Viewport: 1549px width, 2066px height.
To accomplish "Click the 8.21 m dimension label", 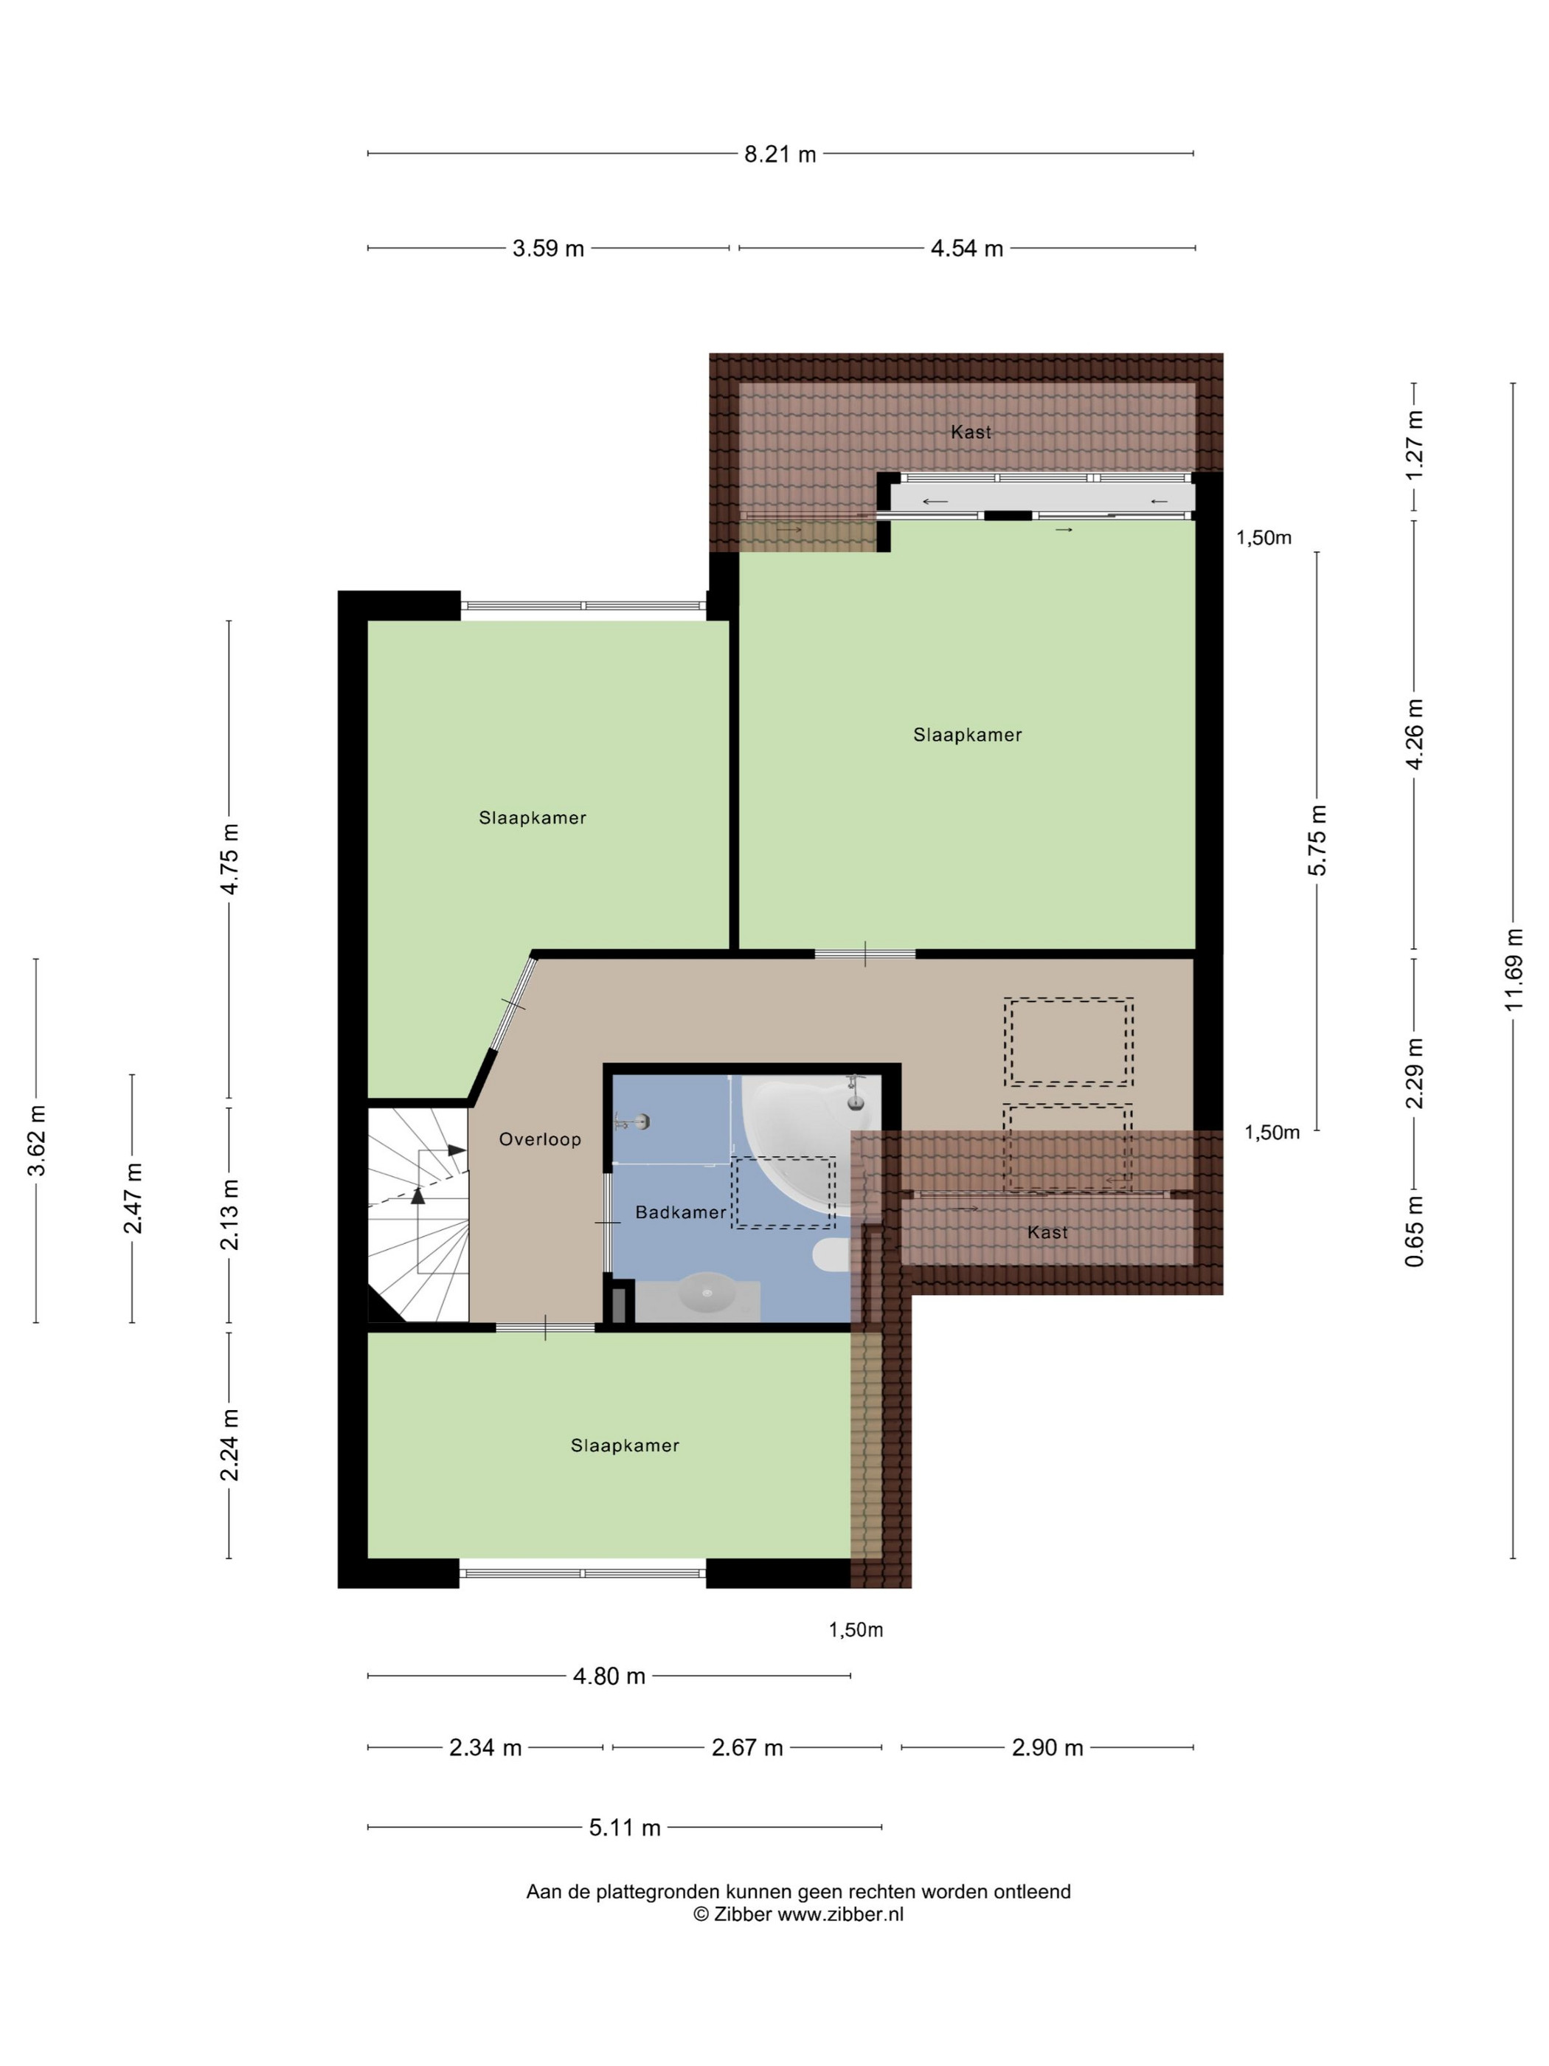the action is [x=780, y=154].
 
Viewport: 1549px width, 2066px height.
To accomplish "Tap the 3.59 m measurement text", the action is [x=548, y=249].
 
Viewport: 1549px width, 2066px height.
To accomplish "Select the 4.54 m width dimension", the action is [x=966, y=249].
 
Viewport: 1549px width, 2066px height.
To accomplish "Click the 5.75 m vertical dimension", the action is [x=1317, y=840].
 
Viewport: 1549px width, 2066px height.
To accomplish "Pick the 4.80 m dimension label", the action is [x=609, y=1676].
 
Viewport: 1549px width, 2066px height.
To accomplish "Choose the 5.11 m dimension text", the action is [x=625, y=1827].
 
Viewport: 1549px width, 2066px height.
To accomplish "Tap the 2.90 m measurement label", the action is [x=1047, y=1747].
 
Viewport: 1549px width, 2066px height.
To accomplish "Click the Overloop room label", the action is [x=540, y=1139].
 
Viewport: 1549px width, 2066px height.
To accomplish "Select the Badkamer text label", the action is [x=681, y=1212].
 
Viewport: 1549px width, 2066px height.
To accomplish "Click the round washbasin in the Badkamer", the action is [x=707, y=1293].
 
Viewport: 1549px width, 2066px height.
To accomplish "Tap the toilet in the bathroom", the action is [x=831, y=1255].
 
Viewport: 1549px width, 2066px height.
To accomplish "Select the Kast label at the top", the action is [x=971, y=432].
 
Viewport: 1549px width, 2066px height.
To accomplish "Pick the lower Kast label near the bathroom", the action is [x=1047, y=1233].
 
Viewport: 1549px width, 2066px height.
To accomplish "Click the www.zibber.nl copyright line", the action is [x=798, y=1914].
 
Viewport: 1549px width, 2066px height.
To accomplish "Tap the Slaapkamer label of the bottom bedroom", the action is [x=625, y=1445].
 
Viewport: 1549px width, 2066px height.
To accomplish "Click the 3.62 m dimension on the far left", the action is [x=35, y=1141].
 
